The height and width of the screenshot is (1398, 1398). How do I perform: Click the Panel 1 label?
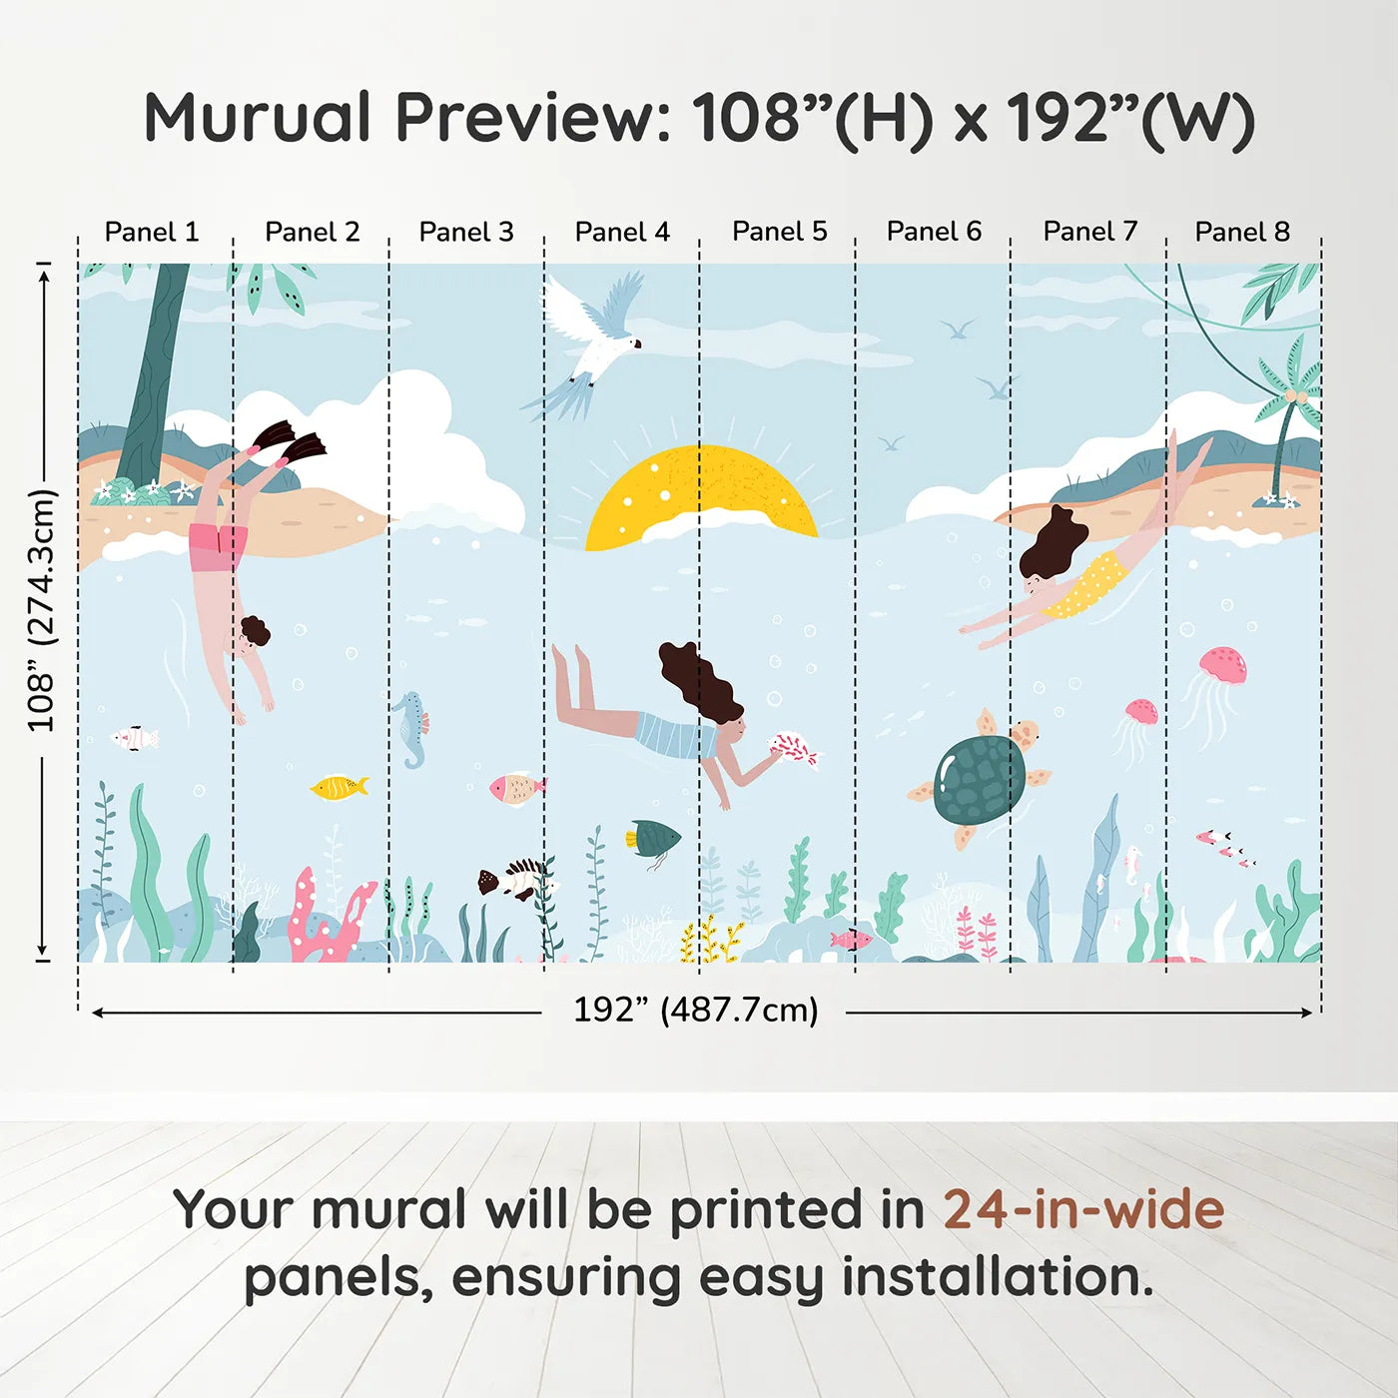pos(152,232)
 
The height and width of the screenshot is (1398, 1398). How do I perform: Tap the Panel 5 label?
pos(779,232)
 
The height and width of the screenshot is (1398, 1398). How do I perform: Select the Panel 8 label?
pos(1242,232)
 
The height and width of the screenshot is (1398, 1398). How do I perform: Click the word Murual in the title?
pos(258,118)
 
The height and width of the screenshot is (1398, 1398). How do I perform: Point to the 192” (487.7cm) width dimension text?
pos(696,1010)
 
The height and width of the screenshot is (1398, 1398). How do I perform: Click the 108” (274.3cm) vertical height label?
pos(41,610)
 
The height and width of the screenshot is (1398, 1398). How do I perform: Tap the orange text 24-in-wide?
pos(1083,1209)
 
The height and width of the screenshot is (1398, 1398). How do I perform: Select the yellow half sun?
pos(702,497)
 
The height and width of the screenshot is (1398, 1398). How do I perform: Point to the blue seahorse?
pos(411,729)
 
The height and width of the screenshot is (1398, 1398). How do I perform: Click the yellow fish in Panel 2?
pos(339,787)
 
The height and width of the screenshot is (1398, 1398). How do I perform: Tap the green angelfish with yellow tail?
pos(652,840)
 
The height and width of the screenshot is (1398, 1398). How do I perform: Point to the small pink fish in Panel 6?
pos(851,941)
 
